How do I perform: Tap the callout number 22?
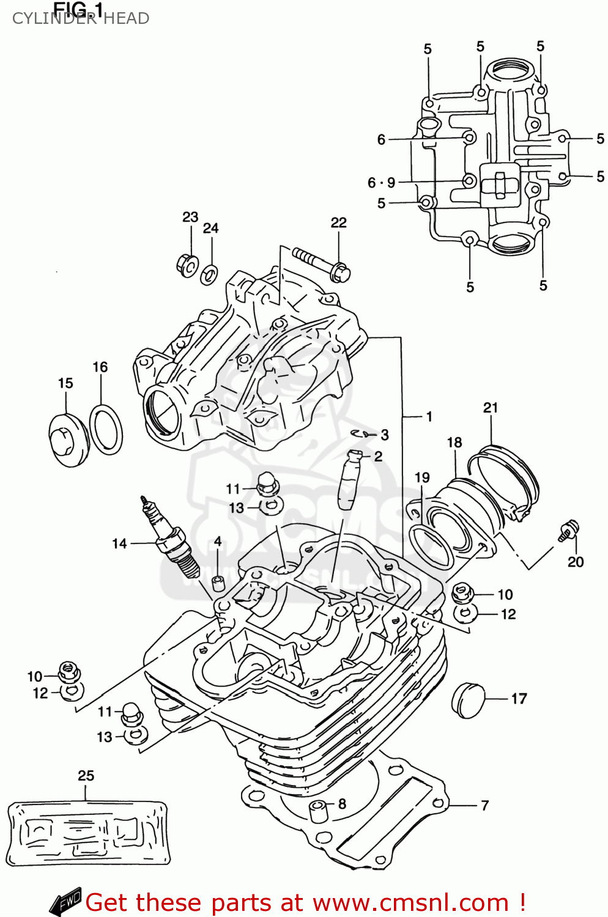coord(338,223)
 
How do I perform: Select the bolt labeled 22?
coord(321,263)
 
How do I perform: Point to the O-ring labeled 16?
coord(106,430)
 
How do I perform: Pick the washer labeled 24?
coord(209,273)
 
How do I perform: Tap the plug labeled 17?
coord(469,698)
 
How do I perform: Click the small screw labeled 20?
coord(568,531)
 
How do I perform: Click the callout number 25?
coord(86,776)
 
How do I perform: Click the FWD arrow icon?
coord(65,901)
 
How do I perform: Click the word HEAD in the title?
coord(126,18)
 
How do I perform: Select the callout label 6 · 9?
coord(381,183)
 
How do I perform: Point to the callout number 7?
coord(484,806)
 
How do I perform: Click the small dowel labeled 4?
coord(217,583)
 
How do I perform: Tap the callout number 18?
coord(454,443)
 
